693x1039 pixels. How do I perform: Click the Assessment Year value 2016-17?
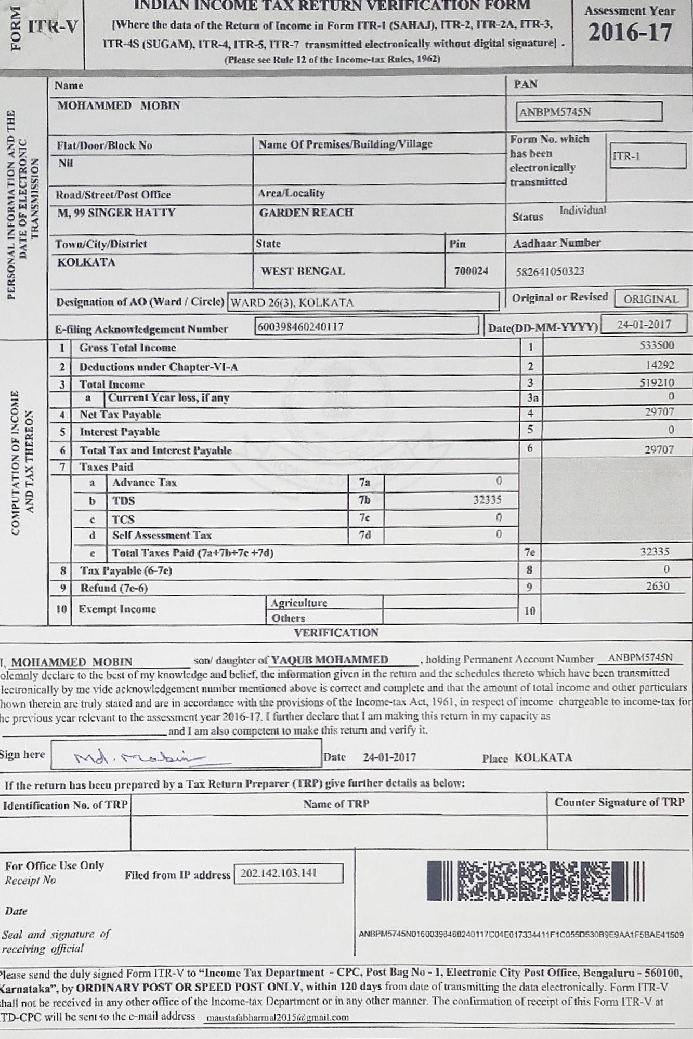[x=630, y=33]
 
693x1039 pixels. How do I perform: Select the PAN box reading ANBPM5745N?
[x=589, y=112]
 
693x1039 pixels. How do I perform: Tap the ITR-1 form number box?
[x=647, y=156]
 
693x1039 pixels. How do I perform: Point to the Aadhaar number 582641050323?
[x=550, y=272]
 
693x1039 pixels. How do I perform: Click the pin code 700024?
[x=471, y=271]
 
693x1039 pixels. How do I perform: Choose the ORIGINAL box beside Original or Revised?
[x=651, y=299]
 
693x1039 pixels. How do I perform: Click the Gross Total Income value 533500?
[x=657, y=345]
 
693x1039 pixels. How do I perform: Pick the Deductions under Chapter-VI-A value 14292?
[x=660, y=365]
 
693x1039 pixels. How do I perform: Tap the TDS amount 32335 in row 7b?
[x=487, y=500]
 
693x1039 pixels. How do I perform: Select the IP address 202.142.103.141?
[x=279, y=873]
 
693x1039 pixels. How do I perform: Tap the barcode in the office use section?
[x=535, y=881]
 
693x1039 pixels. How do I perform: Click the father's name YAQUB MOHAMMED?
[x=330, y=660]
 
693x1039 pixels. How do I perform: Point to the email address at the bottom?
[x=277, y=1018]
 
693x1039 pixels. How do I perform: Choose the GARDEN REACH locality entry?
[x=306, y=212]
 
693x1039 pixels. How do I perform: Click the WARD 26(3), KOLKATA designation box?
[x=362, y=302]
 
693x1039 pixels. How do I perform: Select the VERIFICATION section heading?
[x=336, y=633]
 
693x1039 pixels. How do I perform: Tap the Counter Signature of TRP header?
[x=619, y=803]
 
